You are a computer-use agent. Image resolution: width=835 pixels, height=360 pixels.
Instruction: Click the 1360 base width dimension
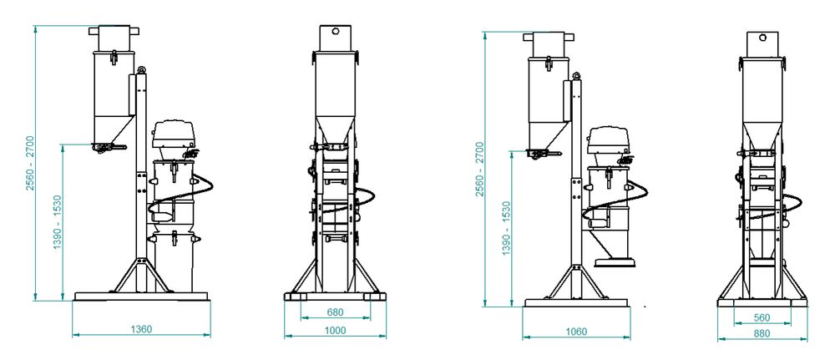[141, 329]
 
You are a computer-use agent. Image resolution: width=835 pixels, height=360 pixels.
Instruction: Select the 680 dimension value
[335, 312]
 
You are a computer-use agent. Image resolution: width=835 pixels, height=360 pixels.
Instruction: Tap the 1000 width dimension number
[335, 331]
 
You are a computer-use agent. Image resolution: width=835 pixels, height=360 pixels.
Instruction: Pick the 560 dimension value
[762, 318]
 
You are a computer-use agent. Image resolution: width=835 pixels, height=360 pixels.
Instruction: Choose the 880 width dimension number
[762, 333]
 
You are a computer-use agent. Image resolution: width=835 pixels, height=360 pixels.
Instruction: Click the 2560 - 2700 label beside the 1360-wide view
[30, 163]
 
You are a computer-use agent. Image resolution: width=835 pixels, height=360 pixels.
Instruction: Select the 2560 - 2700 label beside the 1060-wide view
[480, 169]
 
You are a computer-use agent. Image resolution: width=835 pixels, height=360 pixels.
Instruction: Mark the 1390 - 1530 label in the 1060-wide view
[506, 228]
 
